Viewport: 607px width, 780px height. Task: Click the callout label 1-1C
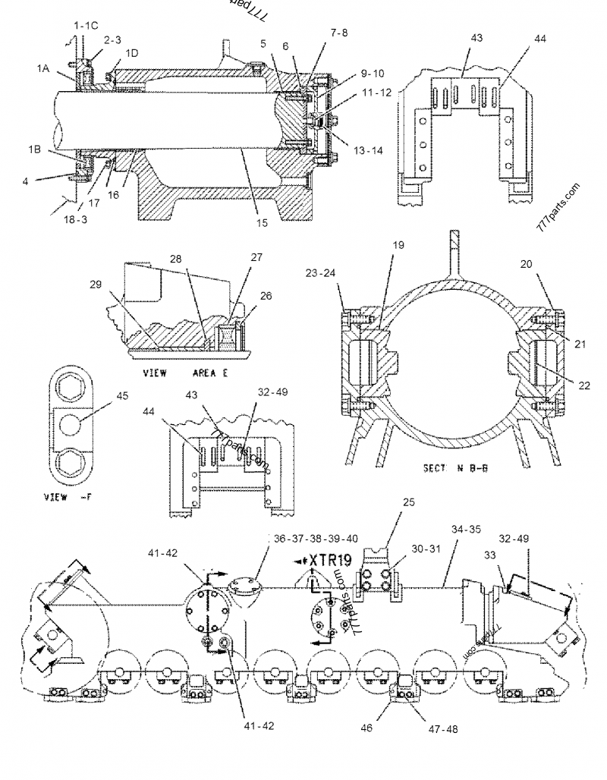tap(86, 25)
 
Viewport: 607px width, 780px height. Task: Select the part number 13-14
tap(367, 150)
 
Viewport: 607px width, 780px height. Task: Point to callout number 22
tap(583, 385)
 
